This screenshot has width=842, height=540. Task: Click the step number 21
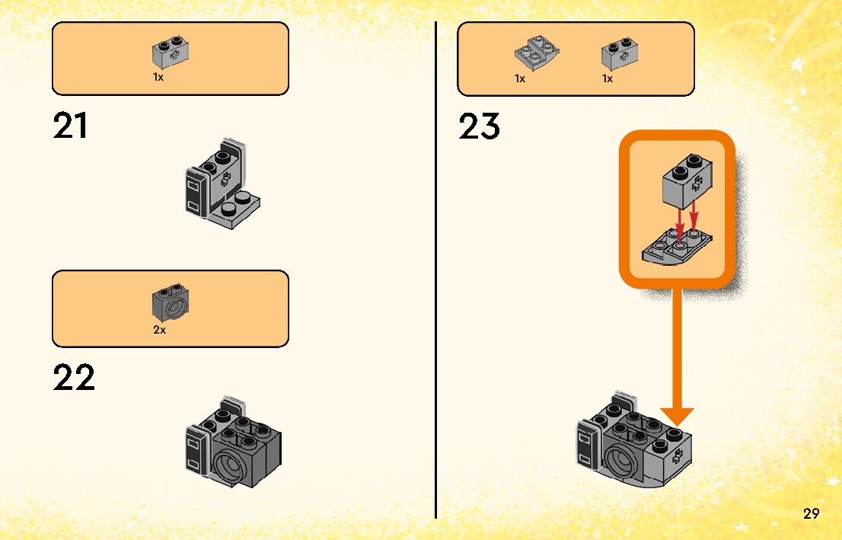[x=70, y=126]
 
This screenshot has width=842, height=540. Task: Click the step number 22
[x=74, y=378]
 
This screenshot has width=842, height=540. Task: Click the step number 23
[x=479, y=126]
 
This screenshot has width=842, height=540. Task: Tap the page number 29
[x=811, y=513]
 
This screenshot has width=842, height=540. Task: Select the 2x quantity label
[x=159, y=331]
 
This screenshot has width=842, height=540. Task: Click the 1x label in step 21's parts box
[x=158, y=78]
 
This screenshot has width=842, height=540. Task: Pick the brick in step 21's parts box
[x=171, y=52]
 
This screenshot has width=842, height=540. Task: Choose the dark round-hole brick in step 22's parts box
[x=171, y=303]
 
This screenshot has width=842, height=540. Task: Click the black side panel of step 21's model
[x=195, y=195]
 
